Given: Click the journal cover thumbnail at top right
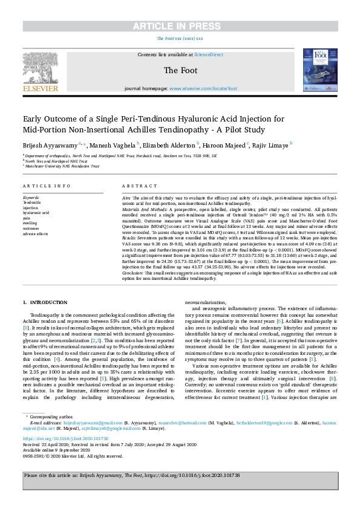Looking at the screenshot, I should (318, 71).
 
